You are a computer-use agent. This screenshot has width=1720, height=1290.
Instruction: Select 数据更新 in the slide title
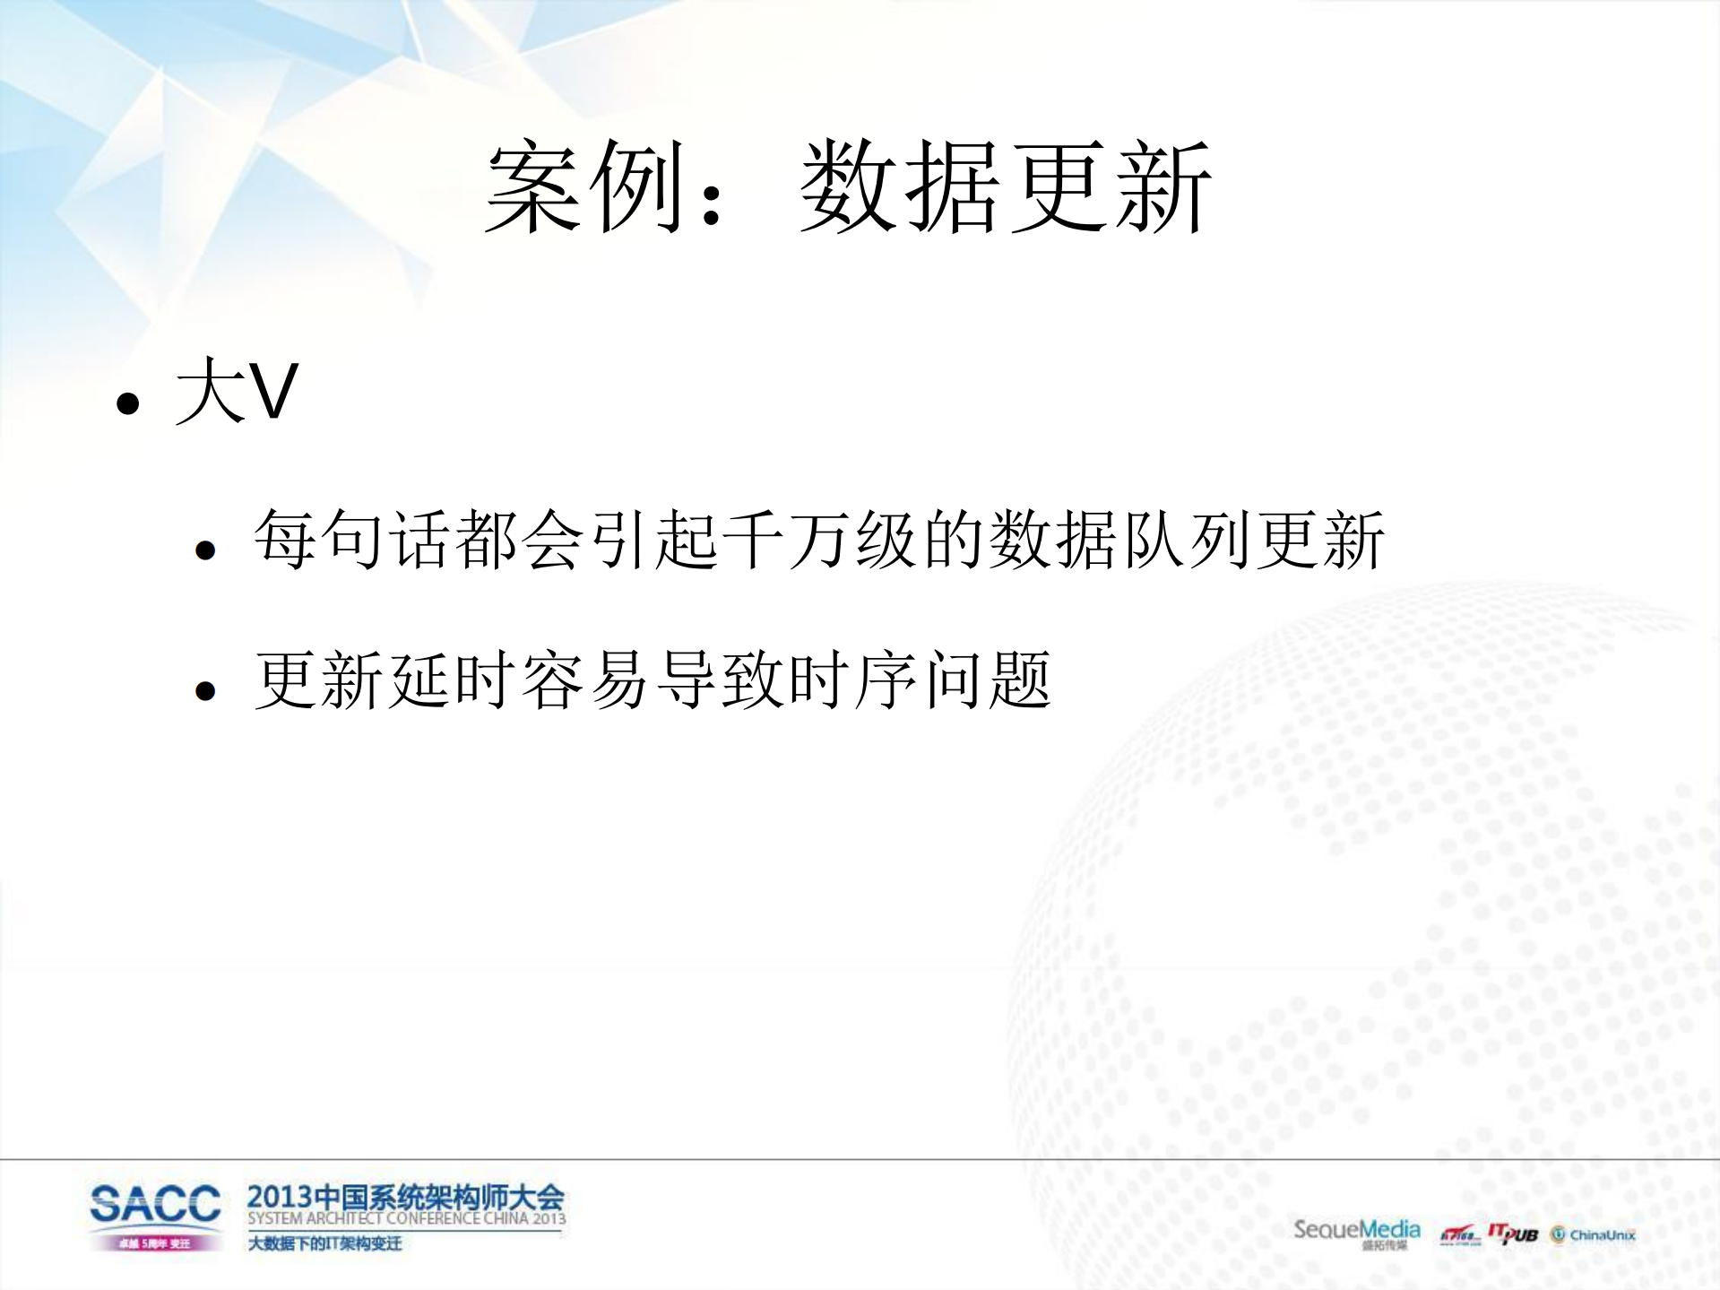(x=1005, y=186)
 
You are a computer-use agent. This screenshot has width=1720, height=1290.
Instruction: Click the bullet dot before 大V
(x=128, y=403)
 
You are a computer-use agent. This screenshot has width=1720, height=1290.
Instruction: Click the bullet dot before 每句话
(x=205, y=550)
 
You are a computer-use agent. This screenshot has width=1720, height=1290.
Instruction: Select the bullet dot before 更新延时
(x=205, y=690)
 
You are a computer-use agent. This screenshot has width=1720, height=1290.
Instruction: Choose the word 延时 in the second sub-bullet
(x=452, y=680)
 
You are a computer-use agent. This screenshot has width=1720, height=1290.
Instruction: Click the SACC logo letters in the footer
(x=155, y=1203)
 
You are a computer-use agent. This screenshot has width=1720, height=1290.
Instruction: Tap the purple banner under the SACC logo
(x=155, y=1243)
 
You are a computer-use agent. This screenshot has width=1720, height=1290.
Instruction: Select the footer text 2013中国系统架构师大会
(x=405, y=1197)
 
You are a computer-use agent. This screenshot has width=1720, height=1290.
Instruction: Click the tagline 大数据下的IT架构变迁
(x=324, y=1243)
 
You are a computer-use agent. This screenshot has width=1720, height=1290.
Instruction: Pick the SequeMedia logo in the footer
(x=1356, y=1230)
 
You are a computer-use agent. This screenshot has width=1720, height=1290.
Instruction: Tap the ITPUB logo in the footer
(x=1513, y=1234)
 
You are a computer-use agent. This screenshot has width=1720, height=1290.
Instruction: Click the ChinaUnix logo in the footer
(x=1594, y=1235)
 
